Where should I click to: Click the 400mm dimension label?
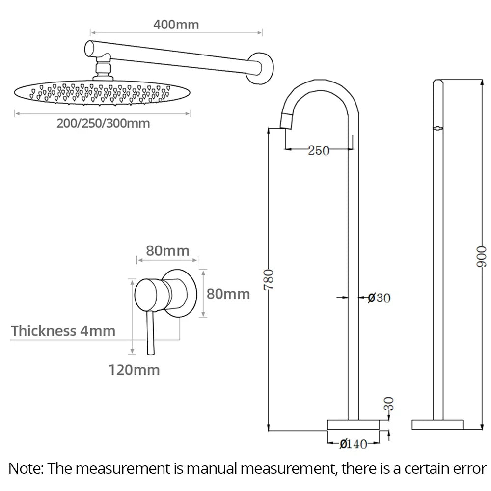[176, 25]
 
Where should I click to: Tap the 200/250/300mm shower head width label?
[103, 123]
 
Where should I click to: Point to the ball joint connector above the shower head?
[103, 67]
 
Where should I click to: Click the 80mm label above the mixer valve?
[167, 251]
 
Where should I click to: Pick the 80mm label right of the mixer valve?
[228, 294]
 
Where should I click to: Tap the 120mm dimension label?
[134, 370]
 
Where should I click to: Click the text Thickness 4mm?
[63, 331]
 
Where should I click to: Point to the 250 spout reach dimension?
[319, 150]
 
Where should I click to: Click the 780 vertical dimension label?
[269, 279]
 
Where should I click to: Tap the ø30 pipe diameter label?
[379, 298]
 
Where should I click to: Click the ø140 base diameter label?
[353, 444]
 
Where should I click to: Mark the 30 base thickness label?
[388, 404]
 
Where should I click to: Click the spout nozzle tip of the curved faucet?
[287, 121]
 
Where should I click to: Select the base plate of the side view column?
[437, 425]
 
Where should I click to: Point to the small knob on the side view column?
[438, 128]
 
